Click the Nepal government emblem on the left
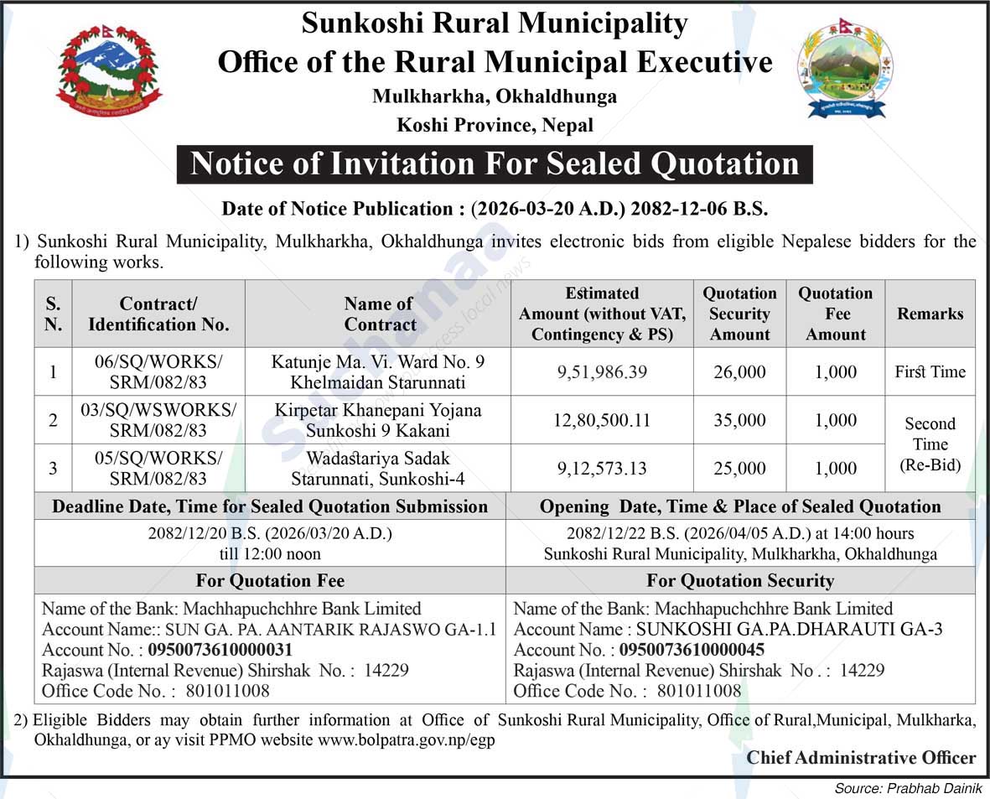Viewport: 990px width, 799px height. point(109,71)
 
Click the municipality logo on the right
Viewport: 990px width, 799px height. point(844,69)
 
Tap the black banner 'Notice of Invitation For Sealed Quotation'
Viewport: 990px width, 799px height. point(495,164)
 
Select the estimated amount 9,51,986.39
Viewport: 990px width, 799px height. point(602,371)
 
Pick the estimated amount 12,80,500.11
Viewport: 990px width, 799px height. point(602,420)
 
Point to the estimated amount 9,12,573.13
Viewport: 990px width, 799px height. point(602,469)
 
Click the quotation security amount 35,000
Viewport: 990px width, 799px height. point(739,420)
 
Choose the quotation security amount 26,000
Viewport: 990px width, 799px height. point(739,371)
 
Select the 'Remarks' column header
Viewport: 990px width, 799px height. point(930,314)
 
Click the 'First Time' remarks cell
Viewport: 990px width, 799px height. point(930,371)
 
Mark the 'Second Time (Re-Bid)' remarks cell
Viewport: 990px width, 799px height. point(930,444)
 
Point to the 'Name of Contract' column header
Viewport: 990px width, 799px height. point(379,314)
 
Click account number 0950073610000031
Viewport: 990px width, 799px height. point(220,650)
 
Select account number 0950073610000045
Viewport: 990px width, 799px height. point(692,650)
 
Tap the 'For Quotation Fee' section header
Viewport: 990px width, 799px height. point(270,580)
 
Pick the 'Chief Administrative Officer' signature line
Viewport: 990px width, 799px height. point(861,758)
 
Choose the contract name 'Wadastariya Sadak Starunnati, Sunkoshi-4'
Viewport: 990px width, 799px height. point(378,469)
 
